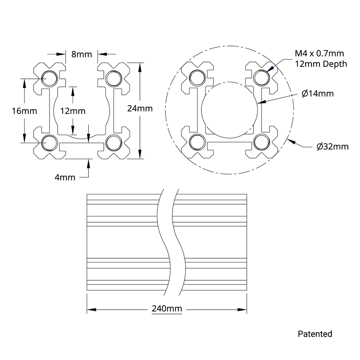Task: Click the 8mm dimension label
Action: click(81, 54)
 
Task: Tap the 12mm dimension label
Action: click(73, 111)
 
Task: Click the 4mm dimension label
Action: click(65, 177)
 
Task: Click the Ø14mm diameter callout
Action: click(318, 94)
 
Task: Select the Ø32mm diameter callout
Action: click(332, 147)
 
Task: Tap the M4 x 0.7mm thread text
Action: click(319, 53)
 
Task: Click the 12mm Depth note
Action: click(321, 64)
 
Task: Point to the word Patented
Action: click(315, 334)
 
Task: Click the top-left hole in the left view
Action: click(50, 78)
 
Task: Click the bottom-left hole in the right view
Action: click(198, 142)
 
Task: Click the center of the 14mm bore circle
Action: click(229, 110)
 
